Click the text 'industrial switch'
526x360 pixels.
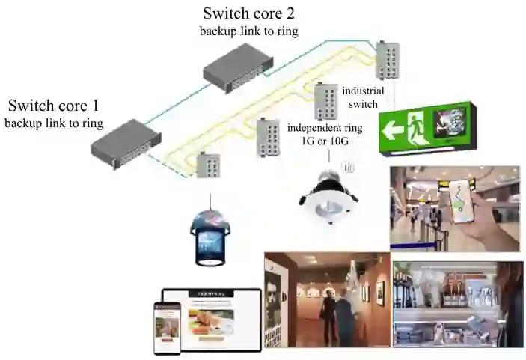tap(360, 97)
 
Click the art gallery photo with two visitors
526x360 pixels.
tap(327, 299)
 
